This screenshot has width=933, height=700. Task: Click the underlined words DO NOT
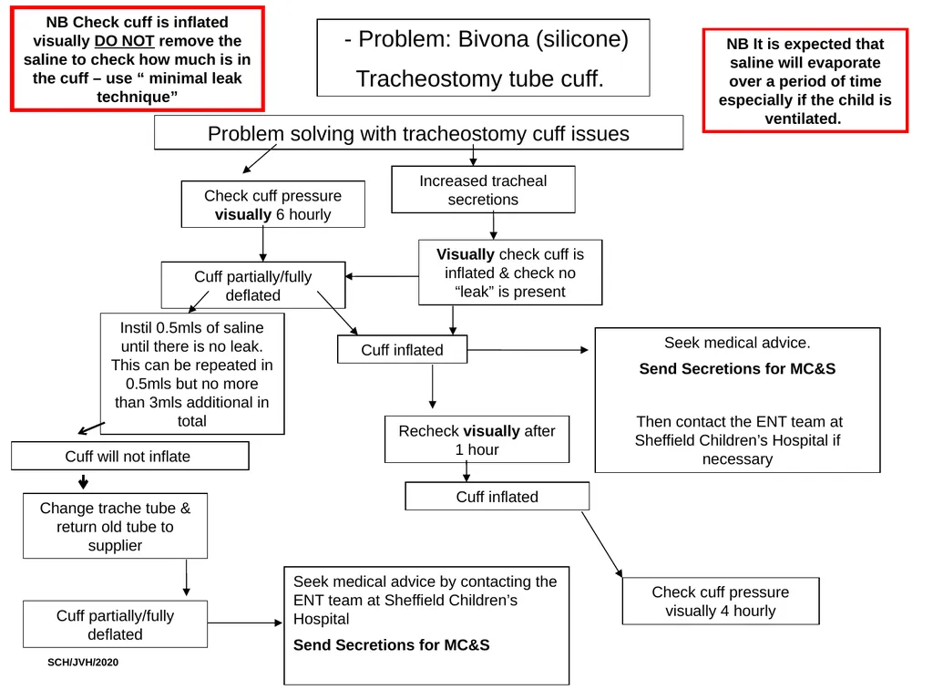(124, 41)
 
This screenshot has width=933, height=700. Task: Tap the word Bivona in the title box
(493, 39)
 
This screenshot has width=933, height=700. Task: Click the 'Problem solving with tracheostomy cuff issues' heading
(418, 133)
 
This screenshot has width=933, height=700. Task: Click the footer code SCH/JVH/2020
(83, 662)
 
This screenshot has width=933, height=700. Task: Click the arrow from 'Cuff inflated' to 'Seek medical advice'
(528, 350)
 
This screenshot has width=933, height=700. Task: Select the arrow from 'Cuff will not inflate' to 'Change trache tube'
(83, 481)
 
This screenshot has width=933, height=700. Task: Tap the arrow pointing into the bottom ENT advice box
(245, 623)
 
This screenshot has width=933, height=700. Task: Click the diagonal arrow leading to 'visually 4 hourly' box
(602, 545)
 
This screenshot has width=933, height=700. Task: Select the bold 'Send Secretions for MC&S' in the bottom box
(392, 645)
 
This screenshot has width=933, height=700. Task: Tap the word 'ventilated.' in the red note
(803, 119)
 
